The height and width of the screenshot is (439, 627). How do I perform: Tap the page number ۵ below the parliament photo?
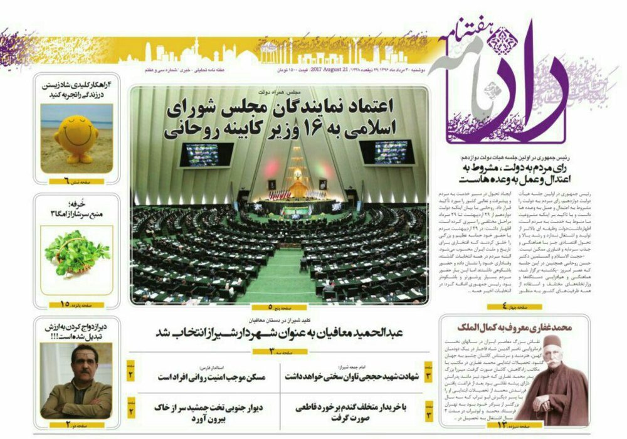270,307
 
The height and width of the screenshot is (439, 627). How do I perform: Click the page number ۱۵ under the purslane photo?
65,304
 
